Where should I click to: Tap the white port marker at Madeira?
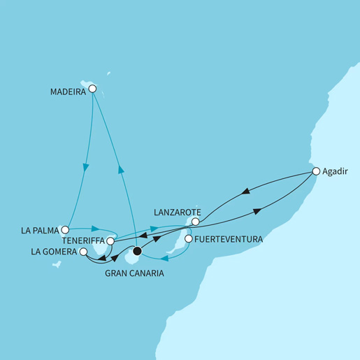click(x=92, y=89)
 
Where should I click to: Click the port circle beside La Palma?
click(x=65, y=229)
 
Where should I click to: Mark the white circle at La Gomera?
click(x=83, y=252)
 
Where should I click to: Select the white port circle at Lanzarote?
click(x=196, y=222)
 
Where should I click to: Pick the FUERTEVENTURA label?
click(x=229, y=239)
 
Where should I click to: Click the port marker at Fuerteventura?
click(x=187, y=239)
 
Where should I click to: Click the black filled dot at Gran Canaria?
click(x=137, y=252)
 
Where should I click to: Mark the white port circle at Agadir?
click(x=316, y=171)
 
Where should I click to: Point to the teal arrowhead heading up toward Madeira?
click(x=120, y=167)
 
